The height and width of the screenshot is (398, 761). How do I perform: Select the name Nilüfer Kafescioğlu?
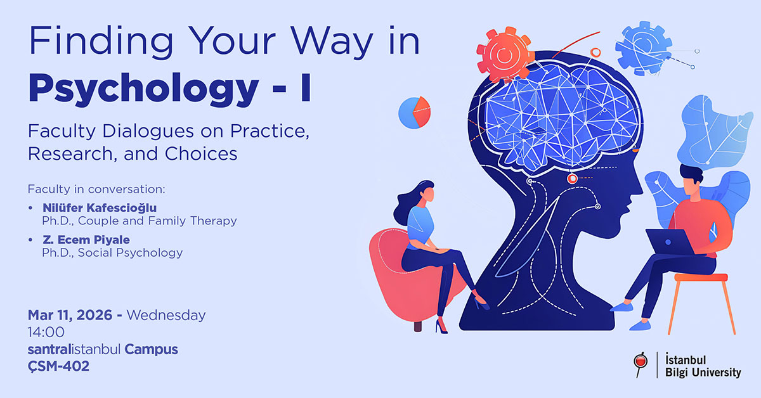tap(100, 208)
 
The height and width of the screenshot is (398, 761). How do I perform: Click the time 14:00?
tap(46, 332)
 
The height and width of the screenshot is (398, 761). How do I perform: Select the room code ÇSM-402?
tap(58, 366)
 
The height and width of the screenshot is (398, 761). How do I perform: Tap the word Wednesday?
tap(167, 315)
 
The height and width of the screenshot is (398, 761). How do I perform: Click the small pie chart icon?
tap(414, 113)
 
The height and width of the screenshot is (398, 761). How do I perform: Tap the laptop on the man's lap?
tap(670, 242)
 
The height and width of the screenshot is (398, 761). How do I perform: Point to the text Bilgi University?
tap(703, 373)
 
